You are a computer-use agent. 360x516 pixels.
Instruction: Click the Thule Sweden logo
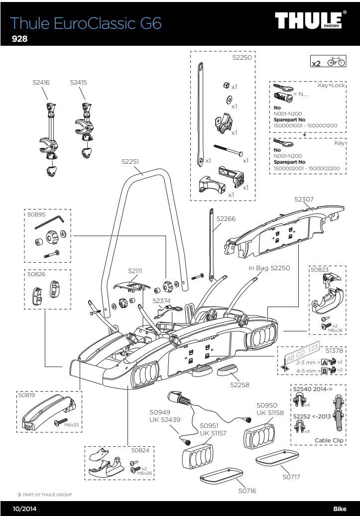311,21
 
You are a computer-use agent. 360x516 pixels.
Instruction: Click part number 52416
41,84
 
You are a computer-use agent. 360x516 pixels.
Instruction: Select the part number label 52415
78,84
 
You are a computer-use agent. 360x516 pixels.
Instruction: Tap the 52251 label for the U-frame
130,161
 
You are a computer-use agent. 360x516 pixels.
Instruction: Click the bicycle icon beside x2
336,63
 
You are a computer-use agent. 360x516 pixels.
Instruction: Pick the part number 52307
304,199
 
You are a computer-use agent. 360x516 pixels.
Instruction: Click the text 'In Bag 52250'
269,268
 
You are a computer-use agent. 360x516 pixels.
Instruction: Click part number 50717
291,476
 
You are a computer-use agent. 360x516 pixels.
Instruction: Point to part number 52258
240,385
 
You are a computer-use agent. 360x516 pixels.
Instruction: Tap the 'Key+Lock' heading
331,85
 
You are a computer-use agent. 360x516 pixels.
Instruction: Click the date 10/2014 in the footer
24,509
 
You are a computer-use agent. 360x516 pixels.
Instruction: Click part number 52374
161,301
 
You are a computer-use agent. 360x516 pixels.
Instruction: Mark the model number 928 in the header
19,39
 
